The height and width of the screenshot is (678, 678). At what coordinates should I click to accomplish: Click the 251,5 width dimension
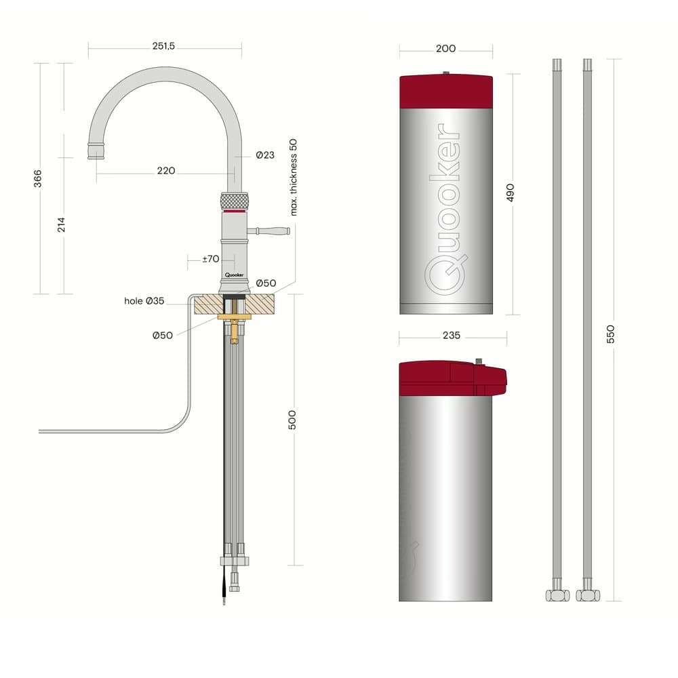coord(163,46)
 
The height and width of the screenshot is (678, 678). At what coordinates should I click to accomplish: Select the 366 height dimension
coord(38,178)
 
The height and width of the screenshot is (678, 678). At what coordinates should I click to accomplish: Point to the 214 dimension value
coord(62,225)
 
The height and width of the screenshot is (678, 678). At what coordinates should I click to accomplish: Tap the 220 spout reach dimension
coord(166,171)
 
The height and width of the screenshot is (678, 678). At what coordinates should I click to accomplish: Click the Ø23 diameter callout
coord(265,155)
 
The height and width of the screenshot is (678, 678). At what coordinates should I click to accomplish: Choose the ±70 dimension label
coord(211,259)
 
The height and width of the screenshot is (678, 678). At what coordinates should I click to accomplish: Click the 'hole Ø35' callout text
coord(144,301)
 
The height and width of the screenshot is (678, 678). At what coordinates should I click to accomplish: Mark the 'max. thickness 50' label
coord(294,177)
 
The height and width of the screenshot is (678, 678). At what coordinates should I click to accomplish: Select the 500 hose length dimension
coord(292,420)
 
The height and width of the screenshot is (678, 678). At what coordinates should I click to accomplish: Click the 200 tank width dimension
coord(446,48)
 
